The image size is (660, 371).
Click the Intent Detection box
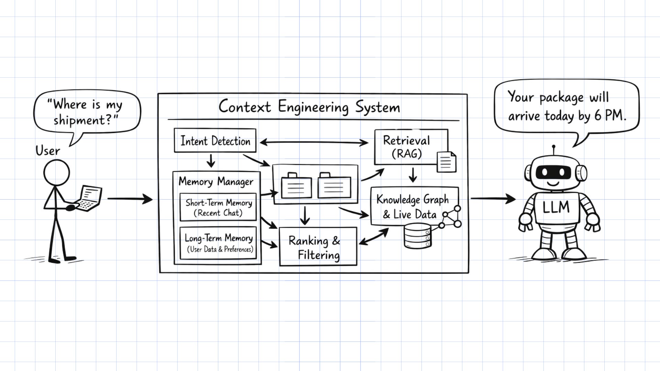click(215, 140)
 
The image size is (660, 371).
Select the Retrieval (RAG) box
click(406, 147)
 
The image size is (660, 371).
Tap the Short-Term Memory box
click(218, 207)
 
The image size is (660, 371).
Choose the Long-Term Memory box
click(218, 243)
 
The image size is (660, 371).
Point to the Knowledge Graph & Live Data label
click(412, 206)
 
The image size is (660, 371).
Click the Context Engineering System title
click(309, 107)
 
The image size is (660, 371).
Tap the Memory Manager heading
click(216, 181)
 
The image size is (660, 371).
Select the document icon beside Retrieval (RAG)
click(446, 162)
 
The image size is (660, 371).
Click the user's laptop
click(89, 198)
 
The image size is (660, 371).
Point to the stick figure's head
click(57, 173)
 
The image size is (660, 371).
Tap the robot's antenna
click(553, 150)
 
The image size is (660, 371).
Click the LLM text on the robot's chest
click(556, 207)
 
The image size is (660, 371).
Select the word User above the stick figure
click(47, 150)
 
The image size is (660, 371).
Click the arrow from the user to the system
click(130, 199)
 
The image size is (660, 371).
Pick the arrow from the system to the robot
click(493, 198)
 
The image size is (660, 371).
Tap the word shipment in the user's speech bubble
click(82, 120)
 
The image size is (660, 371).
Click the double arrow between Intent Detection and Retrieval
click(314, 142)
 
